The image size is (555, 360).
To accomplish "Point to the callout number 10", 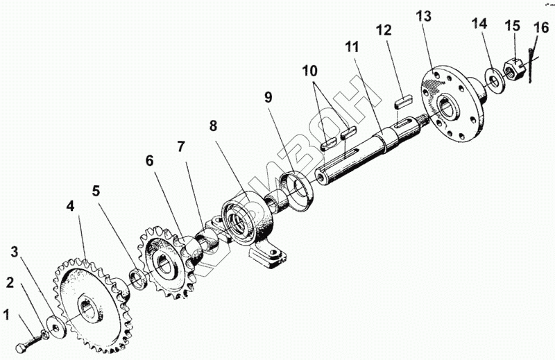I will tap(309, 71).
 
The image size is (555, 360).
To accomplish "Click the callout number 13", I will tap(424, 17).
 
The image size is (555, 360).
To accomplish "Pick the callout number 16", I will tap(541, 28).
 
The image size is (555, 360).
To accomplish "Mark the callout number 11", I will tap(352, 47).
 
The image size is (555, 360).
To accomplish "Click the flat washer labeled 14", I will tap(497, 80).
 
